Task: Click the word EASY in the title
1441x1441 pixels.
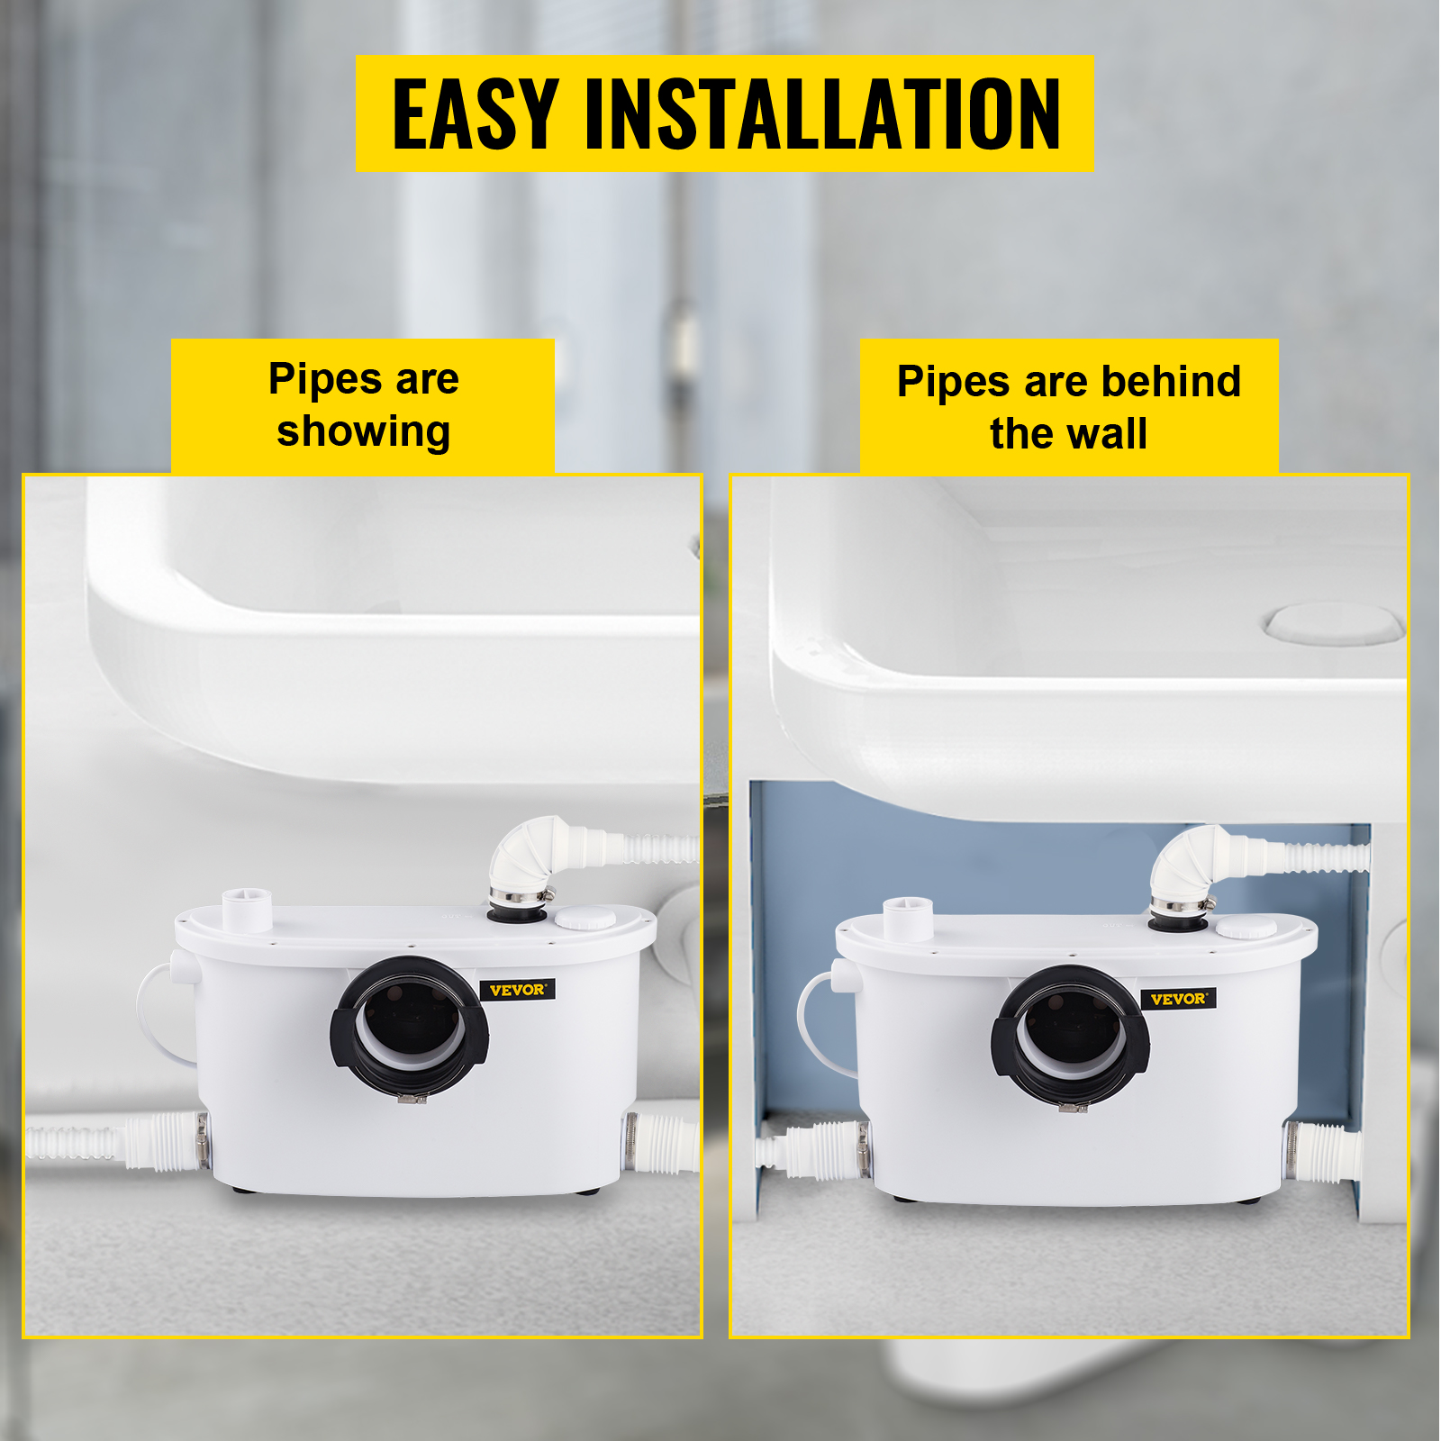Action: (x=476, y=114)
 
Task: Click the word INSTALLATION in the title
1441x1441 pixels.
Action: (x=822, y=114)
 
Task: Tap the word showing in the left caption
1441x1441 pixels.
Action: (x=363, y=431)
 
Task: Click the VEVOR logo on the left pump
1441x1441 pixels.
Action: (x=517, y=990)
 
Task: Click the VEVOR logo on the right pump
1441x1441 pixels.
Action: (x=1178, y=999)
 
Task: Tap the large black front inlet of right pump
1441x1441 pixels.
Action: (x=1070, y=1034)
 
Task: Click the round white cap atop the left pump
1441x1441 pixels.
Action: (x=585, y=919)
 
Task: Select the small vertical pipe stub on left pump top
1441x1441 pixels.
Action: (x=247, y=910)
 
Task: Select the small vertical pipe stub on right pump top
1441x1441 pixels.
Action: (x=908, y=919)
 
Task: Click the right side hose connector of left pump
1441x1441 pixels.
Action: (x=662, y=1142)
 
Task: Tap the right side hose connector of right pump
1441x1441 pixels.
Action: (x=1319, y=1152)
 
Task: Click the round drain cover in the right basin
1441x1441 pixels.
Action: (x=1334, y=624)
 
